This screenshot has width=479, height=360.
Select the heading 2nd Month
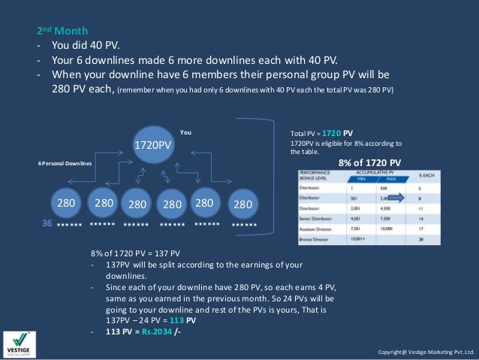click(63, 32)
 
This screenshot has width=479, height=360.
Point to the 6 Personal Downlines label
click(65, 162)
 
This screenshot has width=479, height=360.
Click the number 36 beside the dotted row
click(45, 223)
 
